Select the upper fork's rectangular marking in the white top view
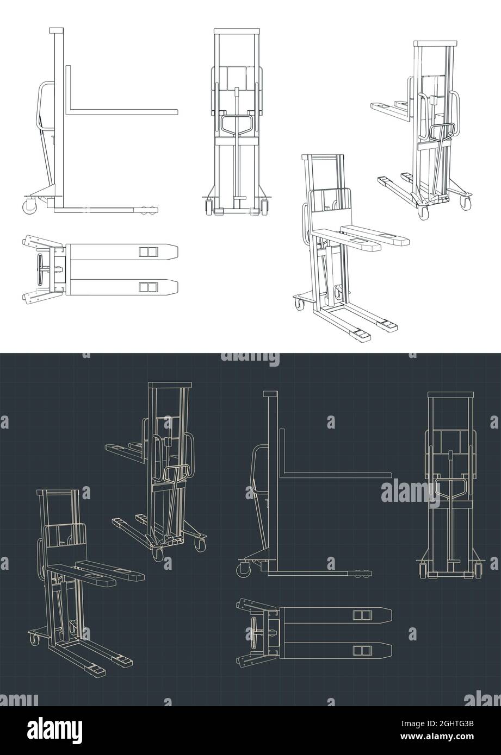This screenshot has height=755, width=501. click(x=147, y=251)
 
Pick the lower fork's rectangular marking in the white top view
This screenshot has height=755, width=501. click(x=147, y=286)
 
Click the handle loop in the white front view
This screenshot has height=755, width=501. click(x=236, y=124)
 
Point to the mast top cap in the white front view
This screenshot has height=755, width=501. click(x=236, y=31)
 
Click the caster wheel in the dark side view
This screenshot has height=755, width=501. click(x=242, y=569)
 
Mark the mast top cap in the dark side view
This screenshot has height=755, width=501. click(x=271, y=393)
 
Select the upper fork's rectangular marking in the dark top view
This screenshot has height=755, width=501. click(x=361, y=614)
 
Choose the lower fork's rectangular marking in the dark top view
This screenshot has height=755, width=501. click(x=361, y=649)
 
